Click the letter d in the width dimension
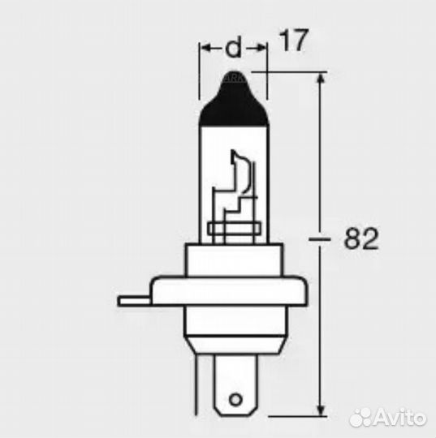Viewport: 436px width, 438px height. pyautogui.click(x=233, y=49)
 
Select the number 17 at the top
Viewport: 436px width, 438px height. pyautogui.click(x=295, y=42)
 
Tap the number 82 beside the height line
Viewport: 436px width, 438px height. pyautogui.click(x=363, y=239)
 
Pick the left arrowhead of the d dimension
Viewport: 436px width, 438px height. pyautogui.click(x=205, y=49)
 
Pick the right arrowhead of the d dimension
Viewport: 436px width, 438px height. pyautogui.click(x=261, y=49)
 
